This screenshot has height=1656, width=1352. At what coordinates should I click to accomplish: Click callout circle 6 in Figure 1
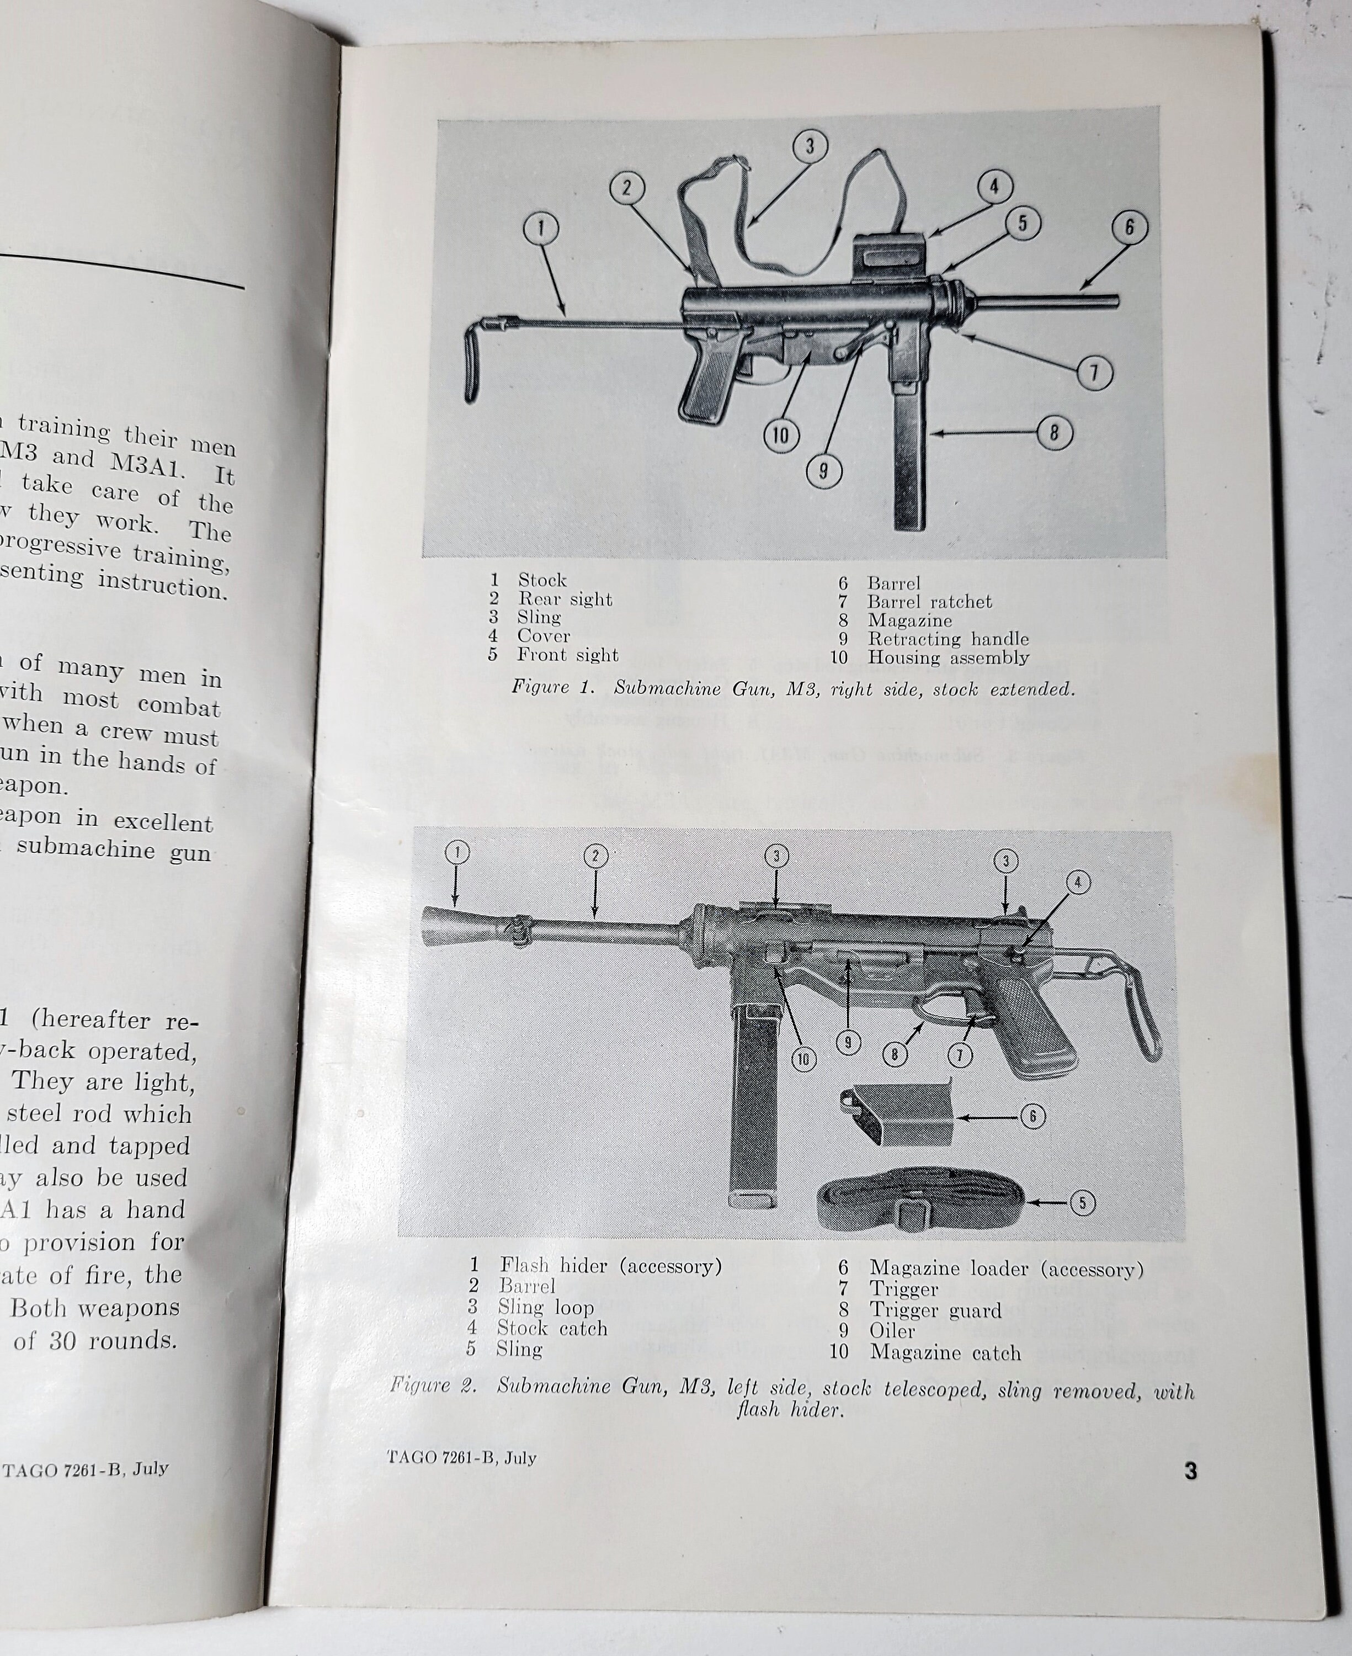pos(1129,227)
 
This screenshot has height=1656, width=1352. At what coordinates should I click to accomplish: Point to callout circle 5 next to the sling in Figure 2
pos(1082,1203)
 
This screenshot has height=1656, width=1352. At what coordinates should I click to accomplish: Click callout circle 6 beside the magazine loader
pos(1032,1116)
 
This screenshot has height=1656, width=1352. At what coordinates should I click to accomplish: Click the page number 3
pos(1190,1472)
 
